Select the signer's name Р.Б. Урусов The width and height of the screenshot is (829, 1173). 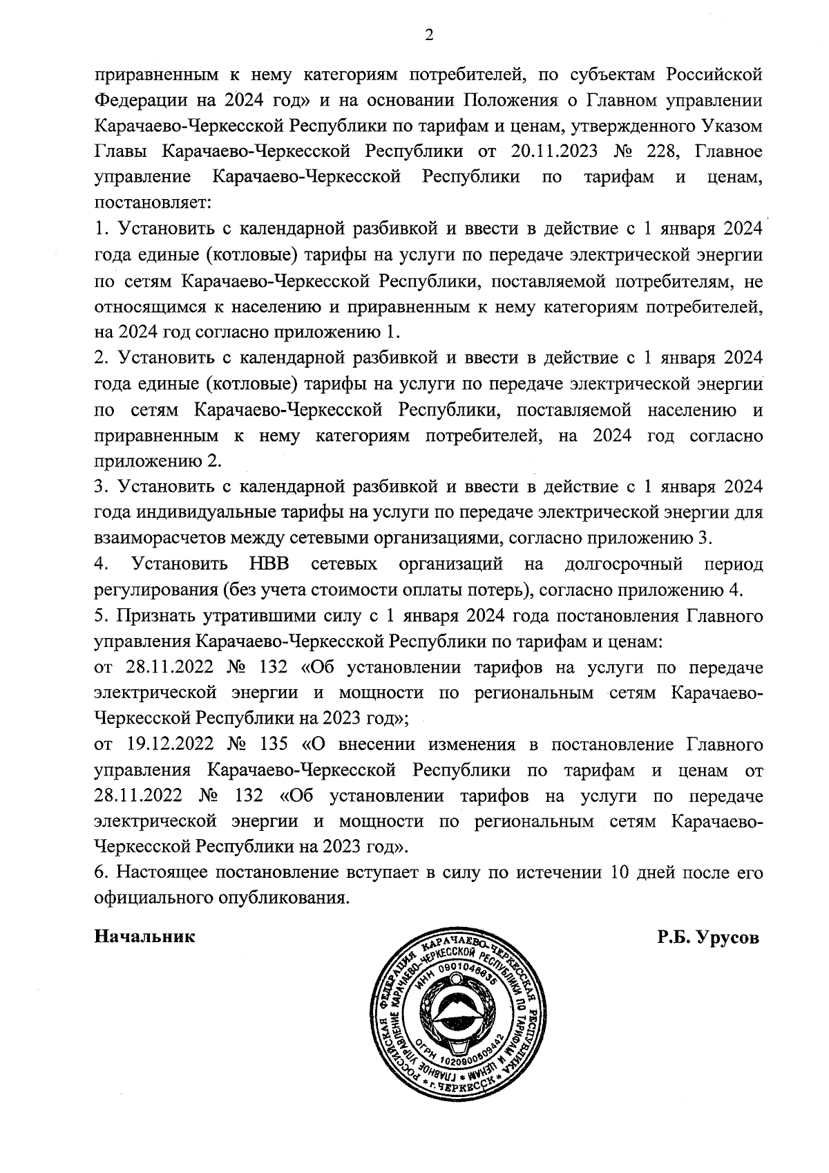pyautogui.click(x=708, y=937)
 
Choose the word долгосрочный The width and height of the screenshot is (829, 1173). pyautogui.click(x=624, y=564)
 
